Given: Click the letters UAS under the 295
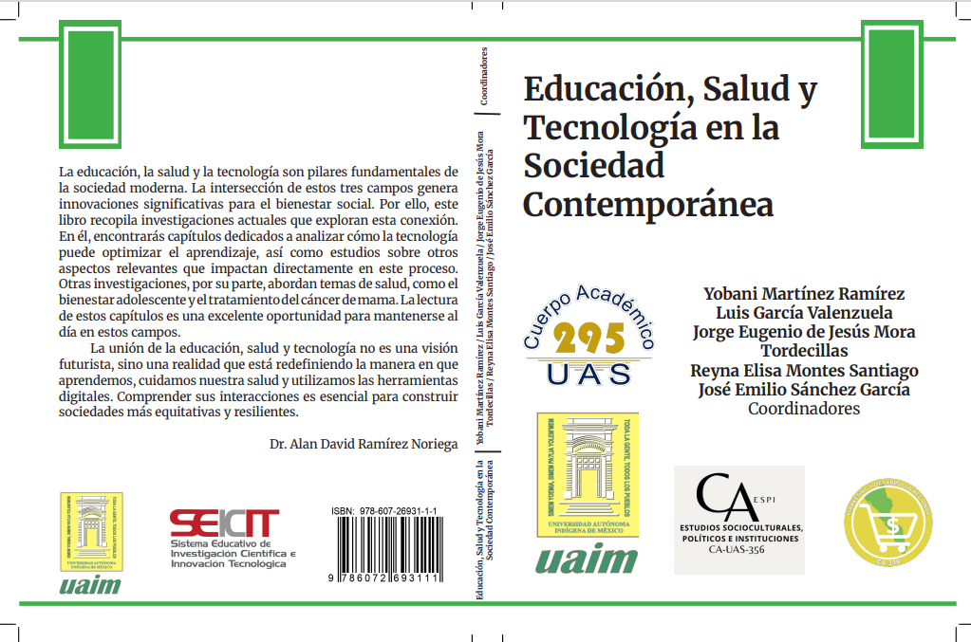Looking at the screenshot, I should pos(588,373).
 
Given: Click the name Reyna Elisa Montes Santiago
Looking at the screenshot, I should pos(803,370).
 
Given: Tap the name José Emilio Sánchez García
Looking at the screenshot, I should pos(803,390).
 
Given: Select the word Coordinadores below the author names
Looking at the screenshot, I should pos(803,410).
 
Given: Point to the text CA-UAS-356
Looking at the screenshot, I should pos(737,550).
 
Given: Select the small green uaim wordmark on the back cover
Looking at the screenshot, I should pos(90,584).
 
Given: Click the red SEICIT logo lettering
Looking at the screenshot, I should pos(224,523).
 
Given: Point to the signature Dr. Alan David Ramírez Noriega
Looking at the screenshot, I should pos(364,444).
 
